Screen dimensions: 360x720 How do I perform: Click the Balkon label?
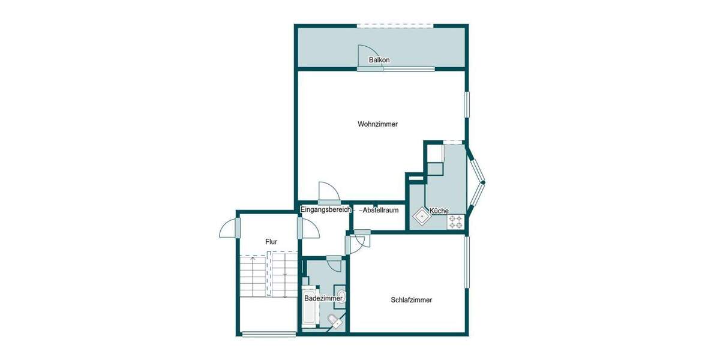point(379,60)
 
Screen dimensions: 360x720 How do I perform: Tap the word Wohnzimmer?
point(377,124)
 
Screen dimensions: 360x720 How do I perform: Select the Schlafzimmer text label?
point(411,300)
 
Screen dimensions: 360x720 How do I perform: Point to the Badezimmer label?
point(323,298)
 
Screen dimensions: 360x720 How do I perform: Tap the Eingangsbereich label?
point(326,209)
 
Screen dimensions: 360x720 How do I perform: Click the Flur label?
point(271,241)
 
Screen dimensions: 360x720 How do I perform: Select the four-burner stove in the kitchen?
point(455,221)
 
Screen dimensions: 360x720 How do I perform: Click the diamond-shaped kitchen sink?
point(422,215)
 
